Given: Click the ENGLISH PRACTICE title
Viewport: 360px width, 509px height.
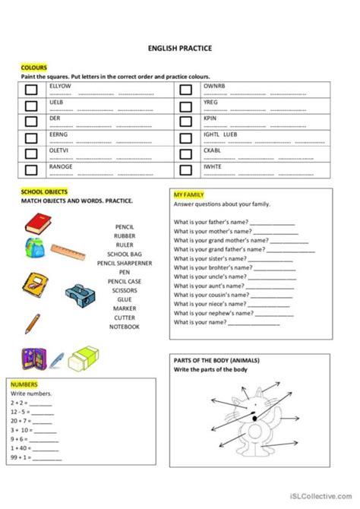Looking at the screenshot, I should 179,48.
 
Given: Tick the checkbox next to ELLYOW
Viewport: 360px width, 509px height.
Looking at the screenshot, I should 31,90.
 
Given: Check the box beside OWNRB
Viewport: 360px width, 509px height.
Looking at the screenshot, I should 185,90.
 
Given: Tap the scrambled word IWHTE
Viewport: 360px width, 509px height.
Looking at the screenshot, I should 213,166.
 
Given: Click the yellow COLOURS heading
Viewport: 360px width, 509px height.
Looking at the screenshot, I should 33,66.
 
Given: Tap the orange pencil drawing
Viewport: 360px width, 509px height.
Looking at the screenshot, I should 32,324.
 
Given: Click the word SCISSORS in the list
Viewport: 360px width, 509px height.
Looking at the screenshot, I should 125,290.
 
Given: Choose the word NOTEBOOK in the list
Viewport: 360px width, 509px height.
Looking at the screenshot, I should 125,327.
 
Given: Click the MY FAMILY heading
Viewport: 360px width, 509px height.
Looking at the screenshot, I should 188,195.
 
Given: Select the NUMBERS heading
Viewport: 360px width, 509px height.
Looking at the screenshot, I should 24,385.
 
